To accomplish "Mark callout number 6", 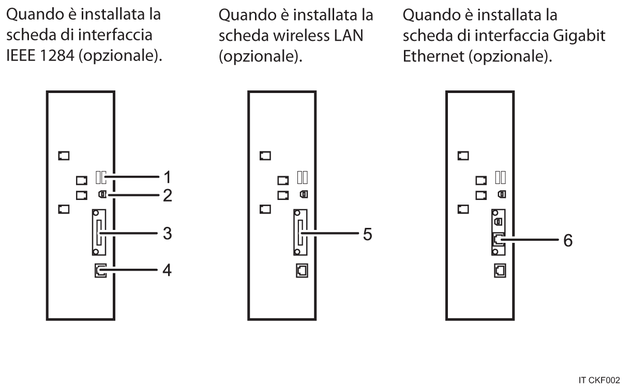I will (567, 241).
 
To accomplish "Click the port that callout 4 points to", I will (100, 271).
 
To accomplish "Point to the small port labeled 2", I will (102, 195).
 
